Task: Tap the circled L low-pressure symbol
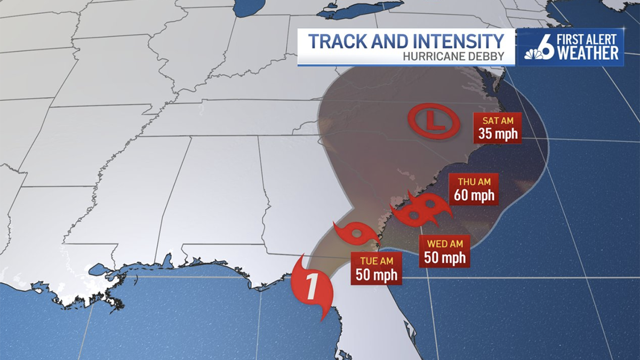pos(433,122)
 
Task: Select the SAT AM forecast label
pos(498,120)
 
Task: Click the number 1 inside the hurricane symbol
pos(311,288)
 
